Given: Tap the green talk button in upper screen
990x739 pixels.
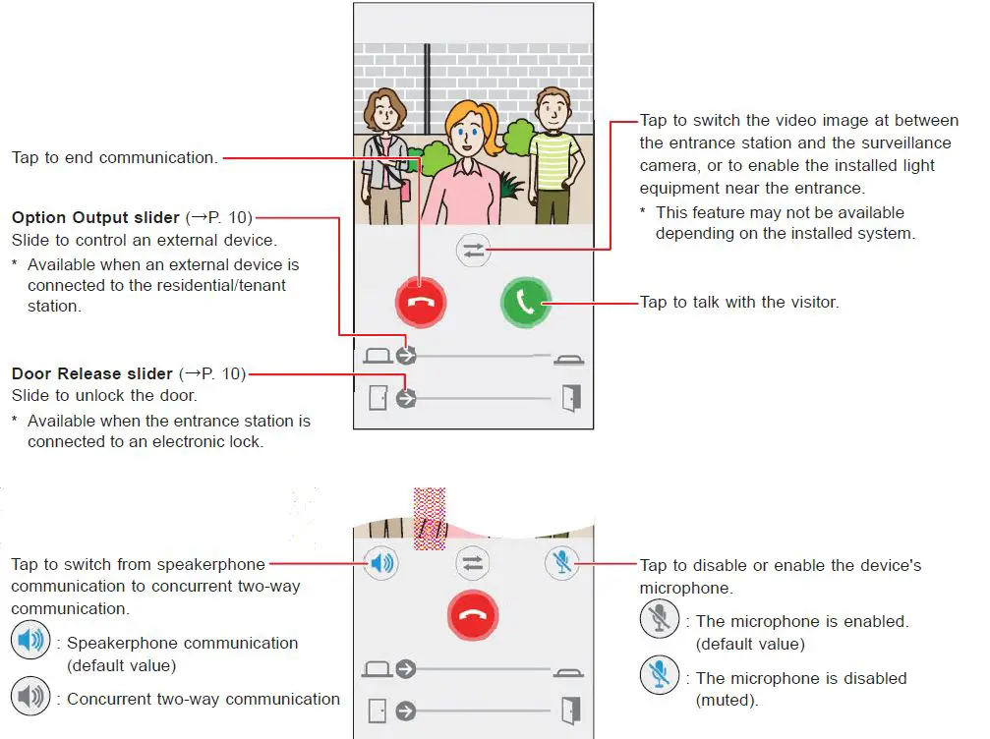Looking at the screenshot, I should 526,303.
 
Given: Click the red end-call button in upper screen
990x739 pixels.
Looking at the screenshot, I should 420,303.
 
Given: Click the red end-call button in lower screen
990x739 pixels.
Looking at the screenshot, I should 474,617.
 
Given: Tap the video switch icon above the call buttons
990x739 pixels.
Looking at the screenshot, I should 474,252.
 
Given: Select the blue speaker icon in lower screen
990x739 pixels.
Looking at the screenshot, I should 382,563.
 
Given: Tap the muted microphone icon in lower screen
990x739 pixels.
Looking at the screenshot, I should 562,563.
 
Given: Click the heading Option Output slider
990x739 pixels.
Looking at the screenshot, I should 95,217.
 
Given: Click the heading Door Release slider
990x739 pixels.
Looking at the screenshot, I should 92,373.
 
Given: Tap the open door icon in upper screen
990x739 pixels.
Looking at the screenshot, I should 571,398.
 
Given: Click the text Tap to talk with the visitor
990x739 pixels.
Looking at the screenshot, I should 739,303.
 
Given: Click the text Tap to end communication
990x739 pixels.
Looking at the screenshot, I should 114,157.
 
